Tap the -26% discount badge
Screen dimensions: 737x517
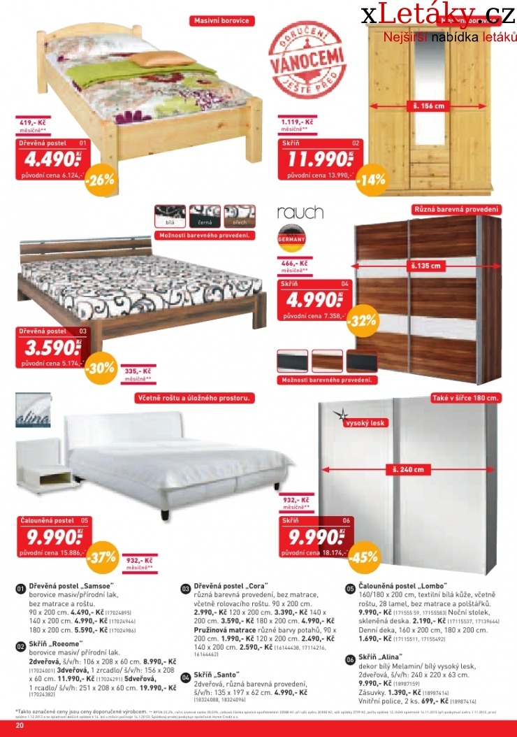point(100,180)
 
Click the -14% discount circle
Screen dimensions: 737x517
point(370,179)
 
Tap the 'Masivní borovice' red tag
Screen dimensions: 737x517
point(220,21)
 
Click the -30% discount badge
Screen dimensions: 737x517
point(100,368)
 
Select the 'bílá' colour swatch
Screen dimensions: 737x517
point(170,215)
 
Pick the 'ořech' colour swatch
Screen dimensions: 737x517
point(240,215)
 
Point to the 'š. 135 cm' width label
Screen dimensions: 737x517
point(426,266)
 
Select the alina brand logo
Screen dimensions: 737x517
point(33,414)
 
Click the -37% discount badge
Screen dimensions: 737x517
point(100,557)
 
